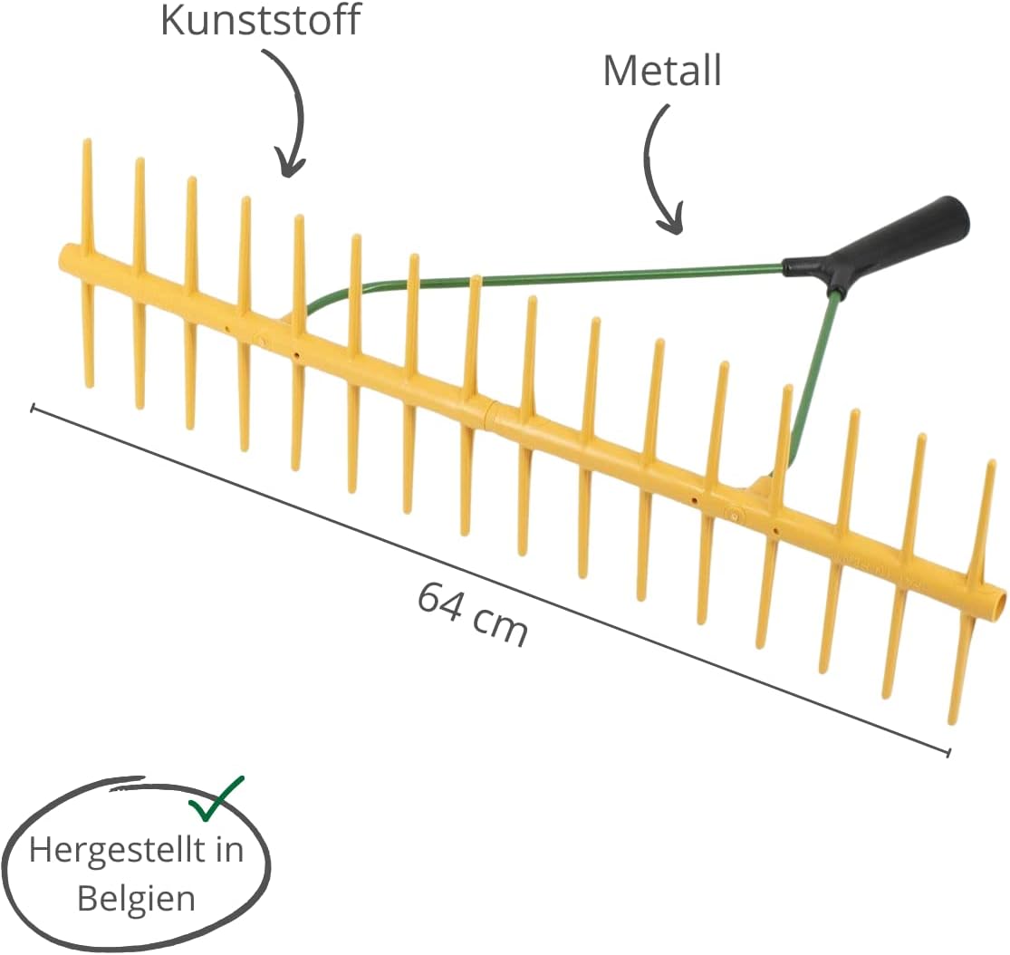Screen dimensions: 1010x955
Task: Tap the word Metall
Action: [x=662, y=71]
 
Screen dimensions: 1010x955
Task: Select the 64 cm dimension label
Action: [x=472, y=613]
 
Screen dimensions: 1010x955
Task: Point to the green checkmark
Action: [x=217, y=799]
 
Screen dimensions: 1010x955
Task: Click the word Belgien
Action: [x=136, y=898]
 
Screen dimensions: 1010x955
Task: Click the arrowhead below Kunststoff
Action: [x=289, y=165]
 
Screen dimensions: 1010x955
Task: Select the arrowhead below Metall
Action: [x=670, y=221]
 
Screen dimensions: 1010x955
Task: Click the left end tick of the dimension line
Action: [x=33, y=407]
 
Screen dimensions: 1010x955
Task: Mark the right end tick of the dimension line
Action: [x=948, y=751]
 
